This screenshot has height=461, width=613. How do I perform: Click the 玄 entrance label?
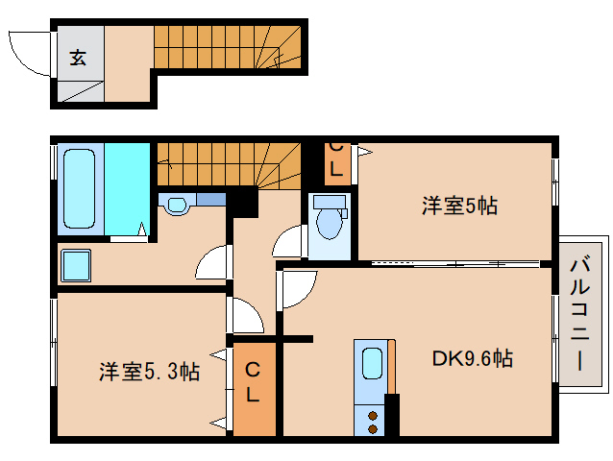(77, 58)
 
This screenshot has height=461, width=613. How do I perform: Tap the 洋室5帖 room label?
(458, 205)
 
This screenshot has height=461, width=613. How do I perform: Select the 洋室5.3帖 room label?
(149, 371)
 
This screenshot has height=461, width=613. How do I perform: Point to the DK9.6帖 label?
(471, 359)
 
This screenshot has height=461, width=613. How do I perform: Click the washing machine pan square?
(75, 265)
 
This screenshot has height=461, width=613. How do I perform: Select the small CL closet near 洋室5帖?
(334, 161)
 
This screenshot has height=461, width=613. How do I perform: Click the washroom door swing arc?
(213, 261)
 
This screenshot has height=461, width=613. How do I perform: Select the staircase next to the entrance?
(228, 46)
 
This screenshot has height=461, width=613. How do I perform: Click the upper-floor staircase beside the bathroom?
(228, 163)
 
